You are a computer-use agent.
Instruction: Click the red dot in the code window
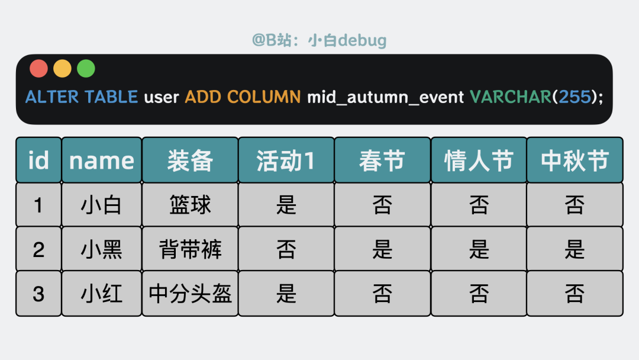(x=38, y=69)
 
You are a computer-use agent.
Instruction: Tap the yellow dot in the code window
(x=62, y=69)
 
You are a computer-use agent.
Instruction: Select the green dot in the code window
(x=86, y=69)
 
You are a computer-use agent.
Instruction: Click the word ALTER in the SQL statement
(x=53, y=97)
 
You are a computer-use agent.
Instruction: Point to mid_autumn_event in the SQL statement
(x=385, y=97)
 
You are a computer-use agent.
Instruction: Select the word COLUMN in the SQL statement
(x=264, y=97)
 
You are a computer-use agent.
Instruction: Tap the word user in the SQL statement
(x=162, y=97)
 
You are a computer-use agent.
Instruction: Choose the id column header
(x=38, y=160)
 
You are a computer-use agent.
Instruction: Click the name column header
(x=102, y=160)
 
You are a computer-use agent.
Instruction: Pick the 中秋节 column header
(x=575, y=160)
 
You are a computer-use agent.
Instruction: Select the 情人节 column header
(x=479, y=160)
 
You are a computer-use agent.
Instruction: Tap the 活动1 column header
(x=286, y=160)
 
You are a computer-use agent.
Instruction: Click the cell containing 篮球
(x=190, y=205)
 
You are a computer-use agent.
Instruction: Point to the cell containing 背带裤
(x=190, y=249)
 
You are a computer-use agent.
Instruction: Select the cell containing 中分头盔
(x=190, y=294)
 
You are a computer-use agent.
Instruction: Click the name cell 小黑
(x=102, y=249)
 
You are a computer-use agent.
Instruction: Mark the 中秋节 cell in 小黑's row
(x=575, y=249)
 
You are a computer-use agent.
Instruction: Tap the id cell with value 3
(x=38, y=294)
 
